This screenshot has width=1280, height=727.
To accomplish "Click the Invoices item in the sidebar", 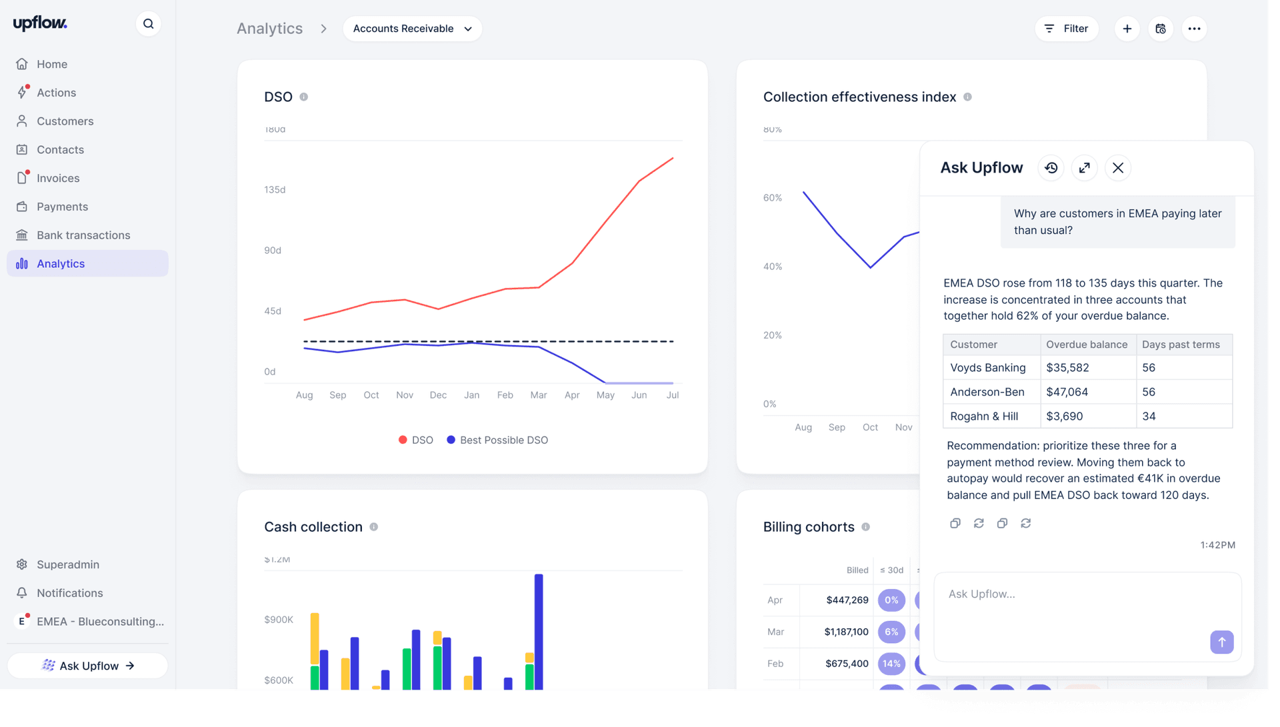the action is [58, 178].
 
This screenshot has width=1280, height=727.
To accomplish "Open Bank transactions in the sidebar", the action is [83, 235].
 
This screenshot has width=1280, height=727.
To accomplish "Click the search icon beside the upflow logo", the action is [148, 24].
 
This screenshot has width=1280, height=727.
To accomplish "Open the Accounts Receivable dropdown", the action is [412, 29].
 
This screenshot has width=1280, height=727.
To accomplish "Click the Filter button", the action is [1067, 29].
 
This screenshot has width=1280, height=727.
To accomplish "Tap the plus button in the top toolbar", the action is [1127, 29].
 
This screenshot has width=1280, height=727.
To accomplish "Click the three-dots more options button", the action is [1194, 29].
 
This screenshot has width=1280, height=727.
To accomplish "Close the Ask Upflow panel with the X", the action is [1118, 168].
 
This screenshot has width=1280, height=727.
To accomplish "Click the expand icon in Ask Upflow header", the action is [1085, 168].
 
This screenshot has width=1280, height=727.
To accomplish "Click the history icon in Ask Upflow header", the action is [1051, 168].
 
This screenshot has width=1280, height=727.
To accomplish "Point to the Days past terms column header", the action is [1181, 345].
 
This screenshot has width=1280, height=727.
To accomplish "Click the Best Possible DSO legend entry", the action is [497, 440].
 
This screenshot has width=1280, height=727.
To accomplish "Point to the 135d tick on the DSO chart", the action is [275, 190].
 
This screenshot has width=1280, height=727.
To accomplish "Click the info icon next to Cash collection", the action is [374, 527].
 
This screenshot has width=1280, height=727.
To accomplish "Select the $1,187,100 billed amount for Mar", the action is [846, 632].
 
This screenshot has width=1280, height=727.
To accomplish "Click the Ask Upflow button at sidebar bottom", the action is [87, 666].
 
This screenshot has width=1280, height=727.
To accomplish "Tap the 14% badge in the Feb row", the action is [891, 664].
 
